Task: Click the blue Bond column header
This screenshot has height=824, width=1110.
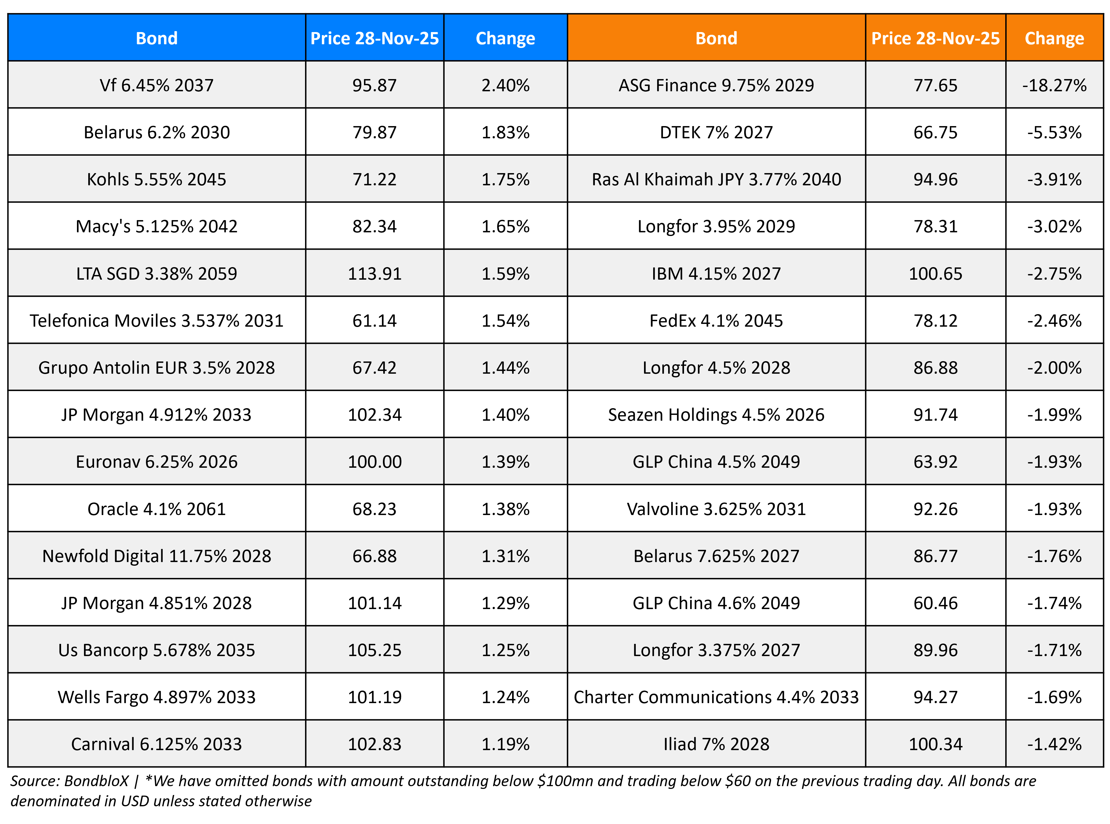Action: pyautogui.click(x=157, y=38)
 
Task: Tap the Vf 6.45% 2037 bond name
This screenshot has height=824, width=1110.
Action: pyautogui.click(x=157, y=85)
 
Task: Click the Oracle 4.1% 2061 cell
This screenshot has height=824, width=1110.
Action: pyautogui.click(x=157, y=509)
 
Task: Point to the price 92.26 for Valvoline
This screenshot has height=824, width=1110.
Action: pyautogui.click(x=935, y=509)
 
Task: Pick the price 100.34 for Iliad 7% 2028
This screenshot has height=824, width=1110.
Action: pyautogui.click(x=935, y=744)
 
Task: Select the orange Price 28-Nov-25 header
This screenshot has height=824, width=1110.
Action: pyautogui.click(x=935, y=38)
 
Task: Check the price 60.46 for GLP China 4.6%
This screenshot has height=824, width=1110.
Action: pyautogui.click(x=935, y=603)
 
